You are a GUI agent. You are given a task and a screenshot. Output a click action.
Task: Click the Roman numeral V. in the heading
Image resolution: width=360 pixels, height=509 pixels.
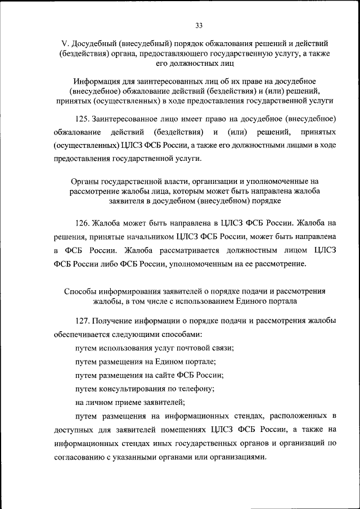64,43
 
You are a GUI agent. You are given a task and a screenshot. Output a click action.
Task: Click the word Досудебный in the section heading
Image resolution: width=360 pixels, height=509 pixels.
94,43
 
